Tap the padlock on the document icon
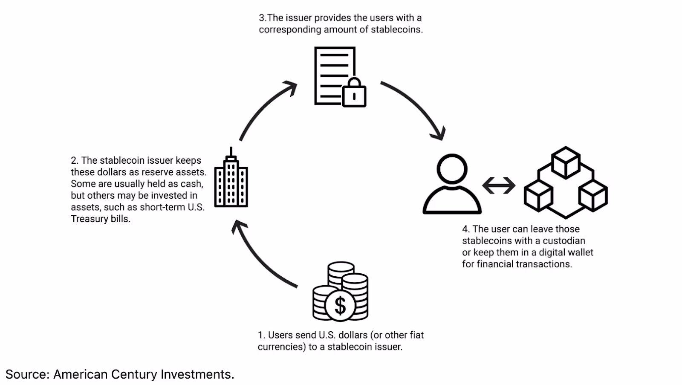click(354, 95)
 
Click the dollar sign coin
click(340, 305)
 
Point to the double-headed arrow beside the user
click(499, 185)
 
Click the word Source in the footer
click(27, 374)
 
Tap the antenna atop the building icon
click(231, 152)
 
